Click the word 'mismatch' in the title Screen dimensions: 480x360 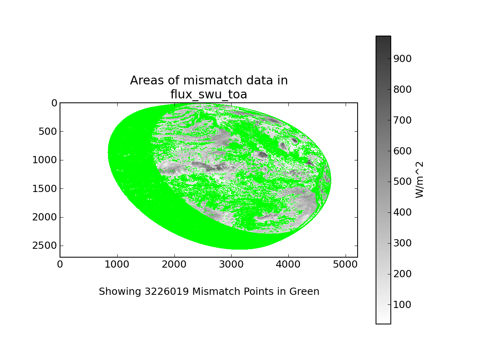point(213,80)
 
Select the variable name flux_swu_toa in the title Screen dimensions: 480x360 point(209,95)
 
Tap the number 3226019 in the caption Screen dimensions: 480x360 point(167,291)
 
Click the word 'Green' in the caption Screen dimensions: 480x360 point(304,291)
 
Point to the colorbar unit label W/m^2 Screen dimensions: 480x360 point(419,180)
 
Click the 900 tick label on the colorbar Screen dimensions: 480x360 point(402,58)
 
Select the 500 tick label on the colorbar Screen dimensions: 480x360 point(402,182)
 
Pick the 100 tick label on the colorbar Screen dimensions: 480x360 point(402,305)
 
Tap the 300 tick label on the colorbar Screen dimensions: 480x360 point(402,243)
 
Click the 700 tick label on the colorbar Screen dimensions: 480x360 point(402,120)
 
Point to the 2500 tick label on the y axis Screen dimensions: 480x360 point(45,246)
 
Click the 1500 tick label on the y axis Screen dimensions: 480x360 point(45,189)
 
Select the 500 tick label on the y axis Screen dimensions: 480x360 point(48,132)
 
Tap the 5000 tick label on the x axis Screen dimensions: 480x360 point(345,264)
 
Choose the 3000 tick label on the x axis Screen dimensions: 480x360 point(231,264)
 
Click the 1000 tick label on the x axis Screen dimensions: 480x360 point(117,264)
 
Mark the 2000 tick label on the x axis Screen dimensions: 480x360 point(174,264)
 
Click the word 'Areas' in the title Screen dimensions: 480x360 point(147,80)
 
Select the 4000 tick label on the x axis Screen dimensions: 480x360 point(288,264)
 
